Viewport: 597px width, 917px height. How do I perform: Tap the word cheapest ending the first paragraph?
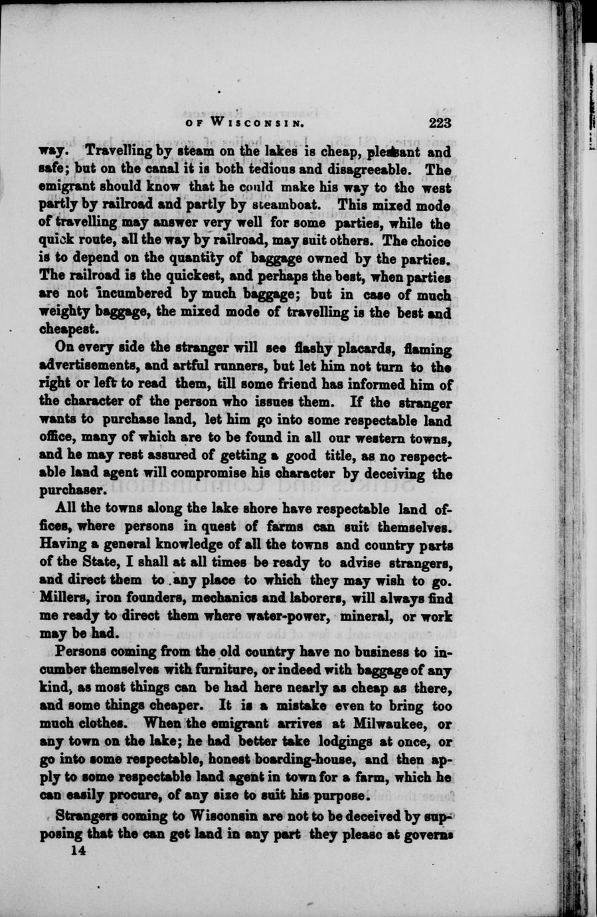pos(70,330)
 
